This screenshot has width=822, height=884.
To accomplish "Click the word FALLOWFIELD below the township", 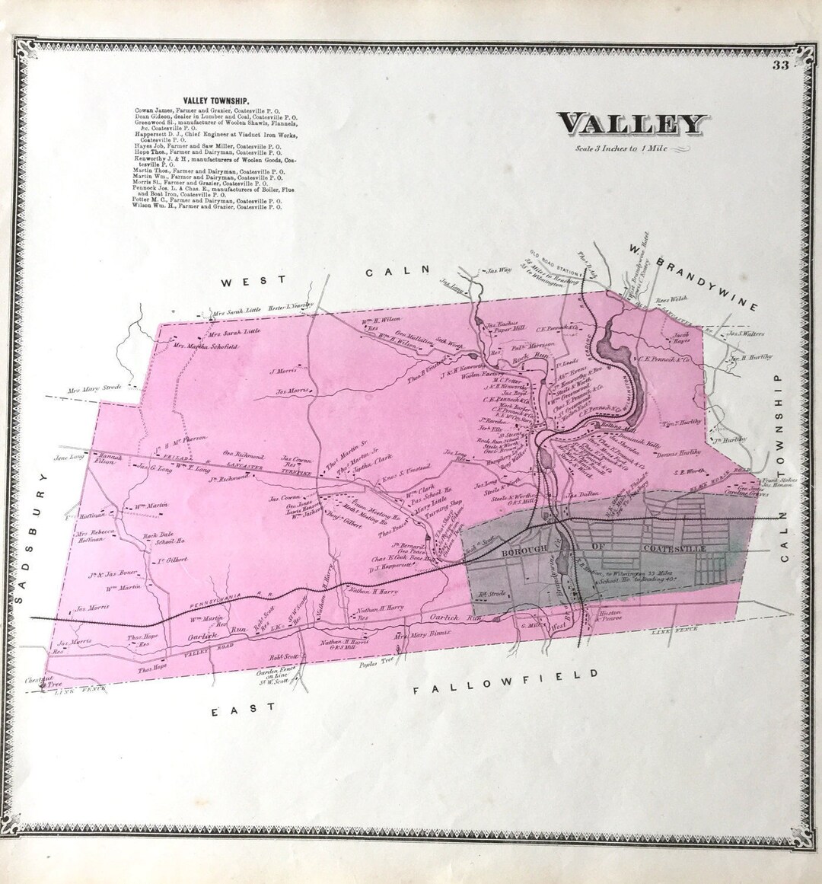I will click(x=505, y=683).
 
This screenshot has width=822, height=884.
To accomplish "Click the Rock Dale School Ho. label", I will click(x=164, y=540).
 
